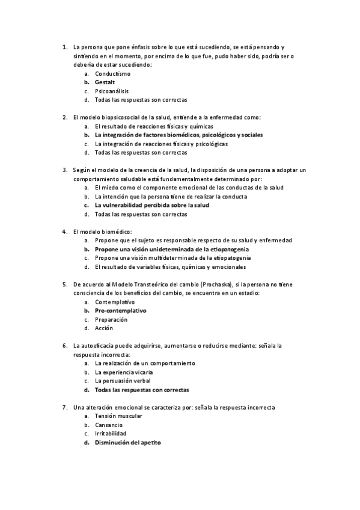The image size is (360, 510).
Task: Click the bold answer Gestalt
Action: point(105,82)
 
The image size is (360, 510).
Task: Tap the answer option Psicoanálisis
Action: point(112,91)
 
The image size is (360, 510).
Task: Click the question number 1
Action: point(64,47)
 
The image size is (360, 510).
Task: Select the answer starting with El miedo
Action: point(189,188)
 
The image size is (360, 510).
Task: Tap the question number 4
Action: point(64,232)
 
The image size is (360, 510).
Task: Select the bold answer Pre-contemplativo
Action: point(120,310)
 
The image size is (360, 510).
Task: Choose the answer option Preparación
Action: point(112,319)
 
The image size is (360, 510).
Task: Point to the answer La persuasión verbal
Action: point(123,381)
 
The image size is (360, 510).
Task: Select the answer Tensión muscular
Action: point(118,416)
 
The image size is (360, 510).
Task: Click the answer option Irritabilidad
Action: point(111,433)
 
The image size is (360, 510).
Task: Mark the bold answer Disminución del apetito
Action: point(128,442)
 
